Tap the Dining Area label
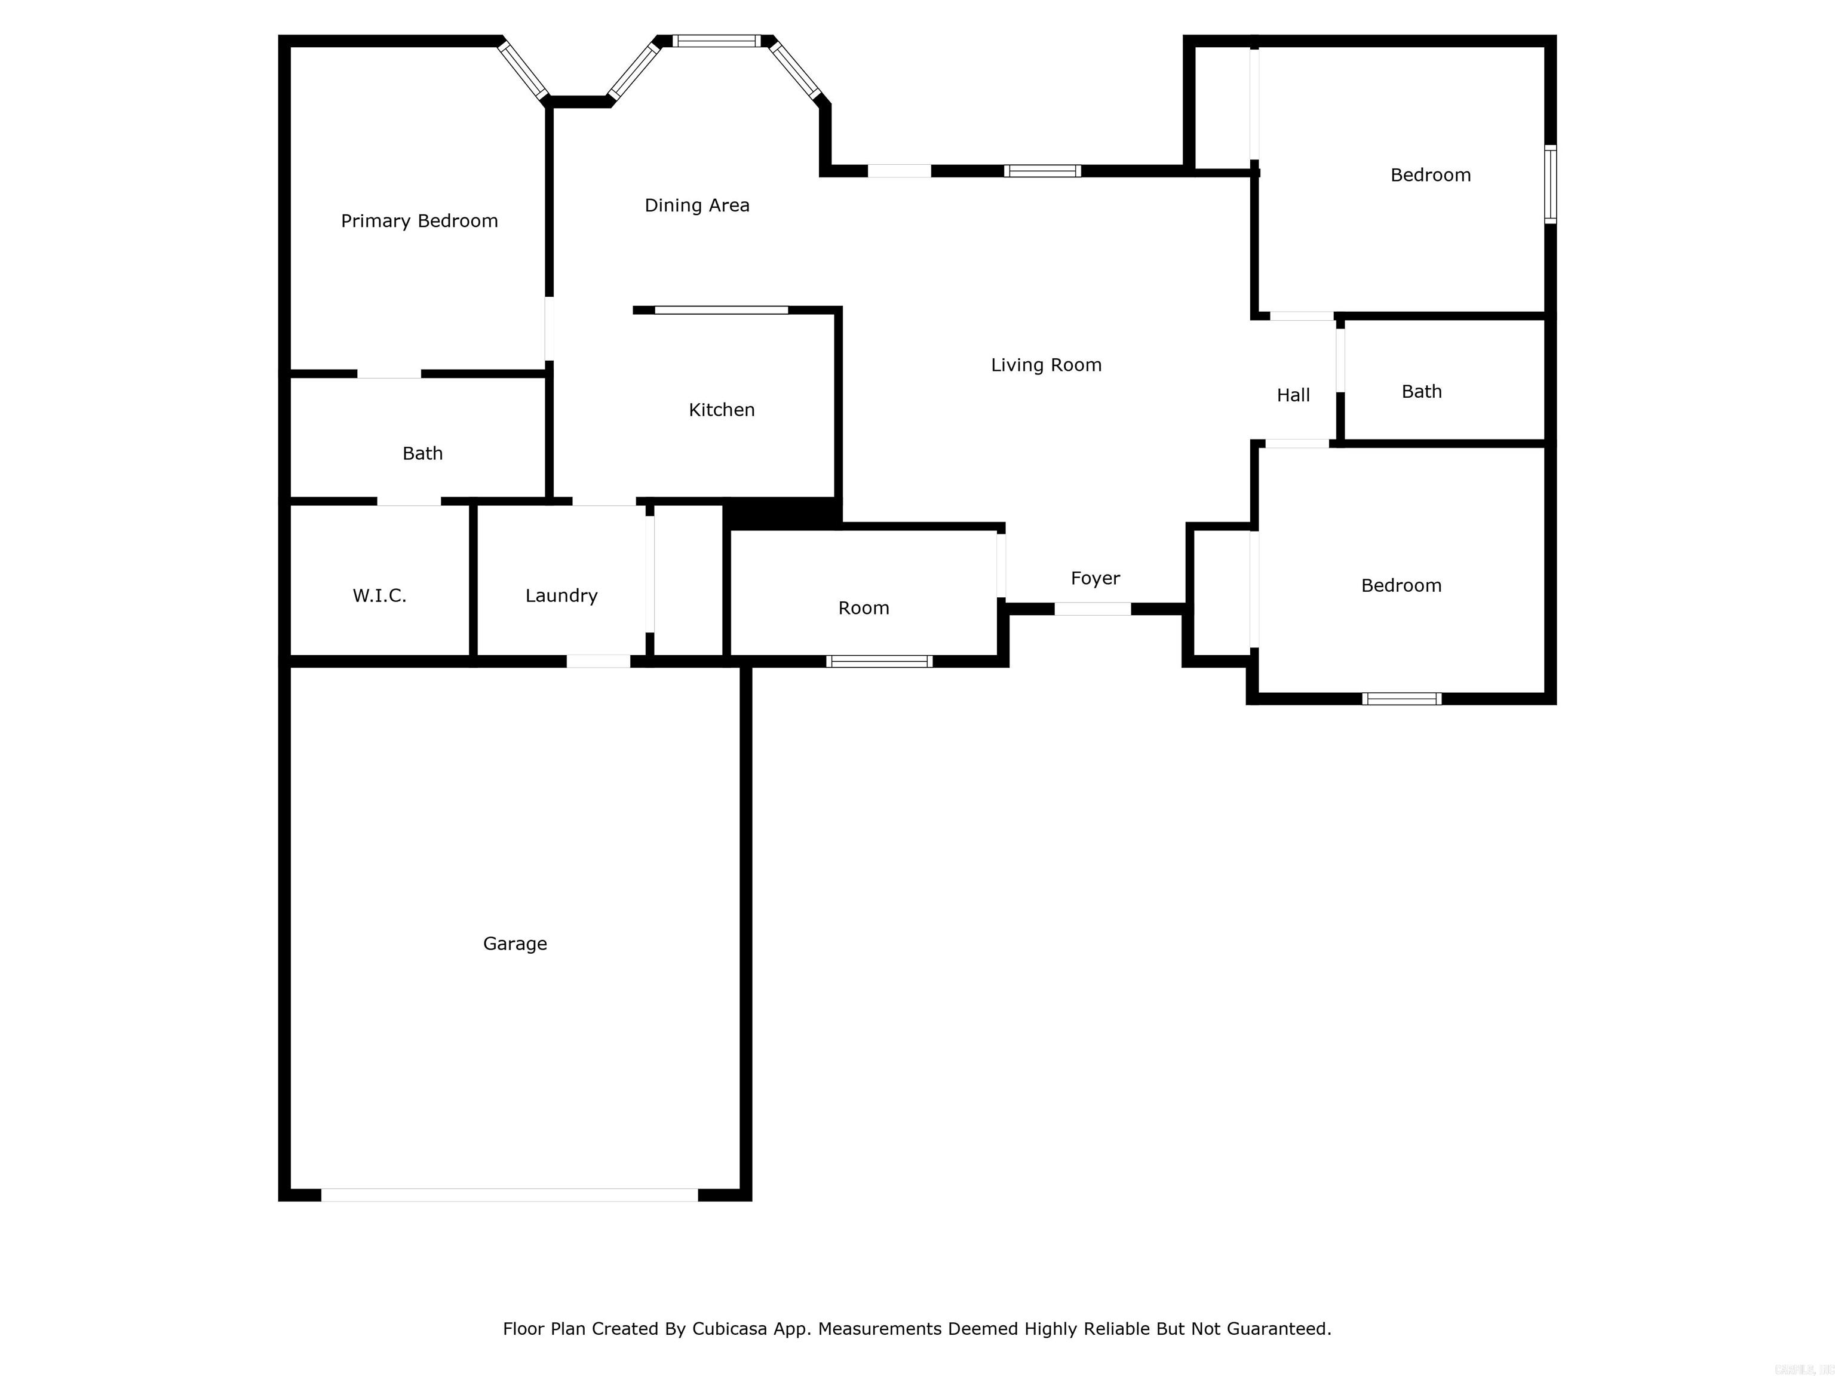tap(697, 205)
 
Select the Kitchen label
tap(722, 410)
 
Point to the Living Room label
tap(1046, 365)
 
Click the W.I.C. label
tap(379, 595)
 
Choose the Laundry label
tap(561, 595)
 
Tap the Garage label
tap(514, 944)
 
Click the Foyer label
tap(1095, 578)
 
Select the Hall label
tap(1293, 395)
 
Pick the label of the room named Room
tap(864, 608)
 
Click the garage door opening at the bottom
tap(510, 1194)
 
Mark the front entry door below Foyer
tap(1092, 609)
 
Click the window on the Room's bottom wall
tap(879, 661)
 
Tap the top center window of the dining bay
tap(716, 41)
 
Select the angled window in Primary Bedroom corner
tap(523, 70)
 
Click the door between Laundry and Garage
tap(598, 661)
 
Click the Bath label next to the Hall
tap(1421, 392)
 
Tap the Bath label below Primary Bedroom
tap(422, 454)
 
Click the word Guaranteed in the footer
tap(1278, 1329)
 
